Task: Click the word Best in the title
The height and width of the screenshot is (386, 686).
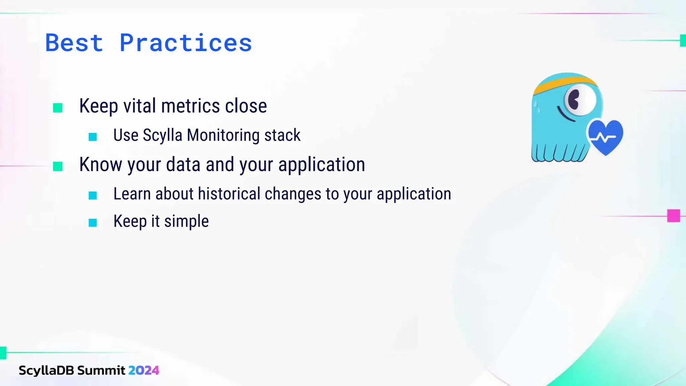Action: (74, 43)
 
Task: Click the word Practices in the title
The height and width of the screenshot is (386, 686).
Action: (186, 43)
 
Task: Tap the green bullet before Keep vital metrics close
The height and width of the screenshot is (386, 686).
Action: (58, 108)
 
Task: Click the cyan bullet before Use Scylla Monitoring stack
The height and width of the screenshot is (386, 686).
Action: (93, 137)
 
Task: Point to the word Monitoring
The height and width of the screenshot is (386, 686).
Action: (223, 135)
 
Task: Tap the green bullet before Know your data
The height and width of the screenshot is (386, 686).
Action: (58, 166)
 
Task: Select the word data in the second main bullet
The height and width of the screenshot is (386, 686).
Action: (183, 165)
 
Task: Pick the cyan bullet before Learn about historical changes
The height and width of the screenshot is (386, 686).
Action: (93, 195)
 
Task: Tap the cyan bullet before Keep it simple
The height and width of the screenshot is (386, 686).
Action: (93, 223)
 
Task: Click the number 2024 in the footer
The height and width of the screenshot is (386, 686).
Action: (144, 370)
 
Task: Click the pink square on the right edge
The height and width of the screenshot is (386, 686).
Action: (673, 216)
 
